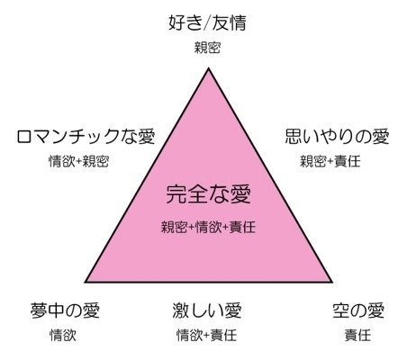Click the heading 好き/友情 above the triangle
(x=207, y=22)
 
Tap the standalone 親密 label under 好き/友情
(x=207, y=48)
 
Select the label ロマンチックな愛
(x=86, y=137)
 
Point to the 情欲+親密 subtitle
(x=78, y=161)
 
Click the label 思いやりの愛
(x=337, y=136)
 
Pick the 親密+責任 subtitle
(x=330, y=161)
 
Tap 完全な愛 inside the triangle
(x=209, y=194)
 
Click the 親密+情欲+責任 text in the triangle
(x=208, y=227)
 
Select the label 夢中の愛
(x=65, y=310)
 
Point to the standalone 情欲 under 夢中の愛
(x=63, y=335)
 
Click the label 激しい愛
(x=207, y=310)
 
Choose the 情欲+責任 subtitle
(x=207, y=335)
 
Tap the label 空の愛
(x=358, y=310)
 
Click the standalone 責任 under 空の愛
(x=357, y=335)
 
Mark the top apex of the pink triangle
(x=208, y=68)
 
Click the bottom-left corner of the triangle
(x=86, y=282)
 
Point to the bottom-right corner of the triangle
(x=331, y=282)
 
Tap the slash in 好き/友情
(x=207, y=23)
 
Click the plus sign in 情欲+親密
(x=78, y=162)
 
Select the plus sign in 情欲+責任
(x=206, y=336)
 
